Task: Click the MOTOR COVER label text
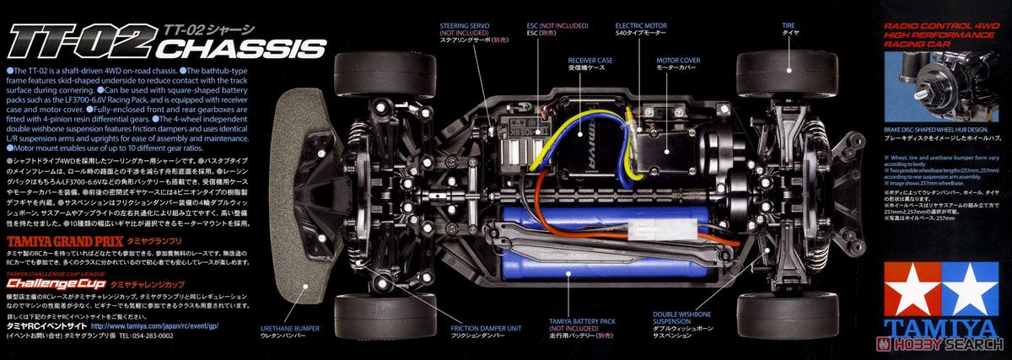pos(679,61)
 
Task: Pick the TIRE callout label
pos(789,26)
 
